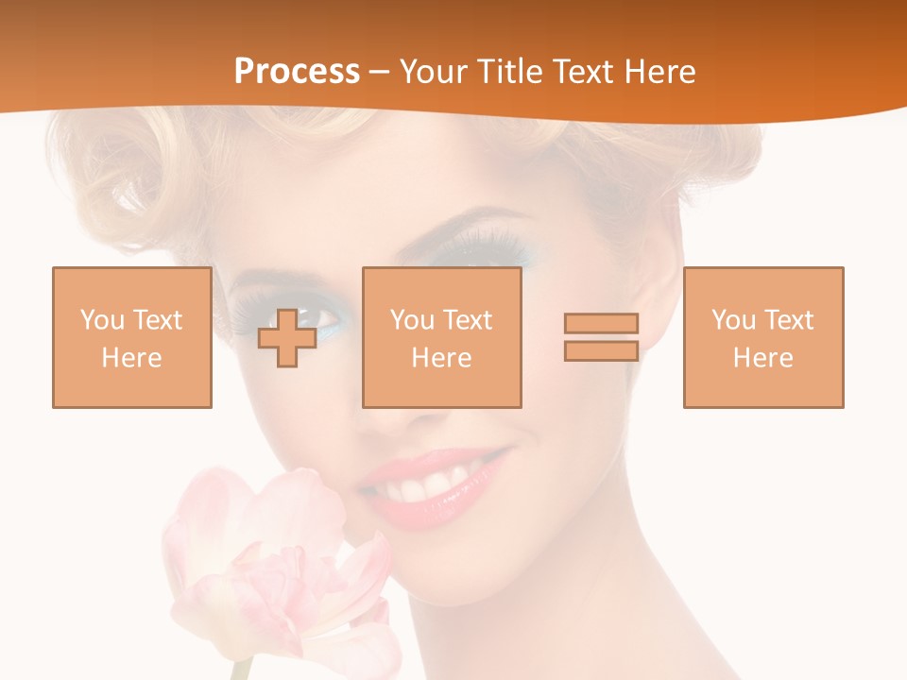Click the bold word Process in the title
pyautogui.click(x=297, y=72)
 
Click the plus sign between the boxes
pyautogui.click(x=287, y=337)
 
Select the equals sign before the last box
pyautogui.click(x=601, y=337)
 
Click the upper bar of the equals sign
pyautogui.click(x=601, y=324)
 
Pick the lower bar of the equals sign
pyautogui.click(x=601, y=351)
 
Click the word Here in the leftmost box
pyautogui.click(x=131, y=358)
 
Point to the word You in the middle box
pyautogui.click(x=412, y=320)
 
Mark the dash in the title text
pyautogui.click(x=379, y=72)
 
